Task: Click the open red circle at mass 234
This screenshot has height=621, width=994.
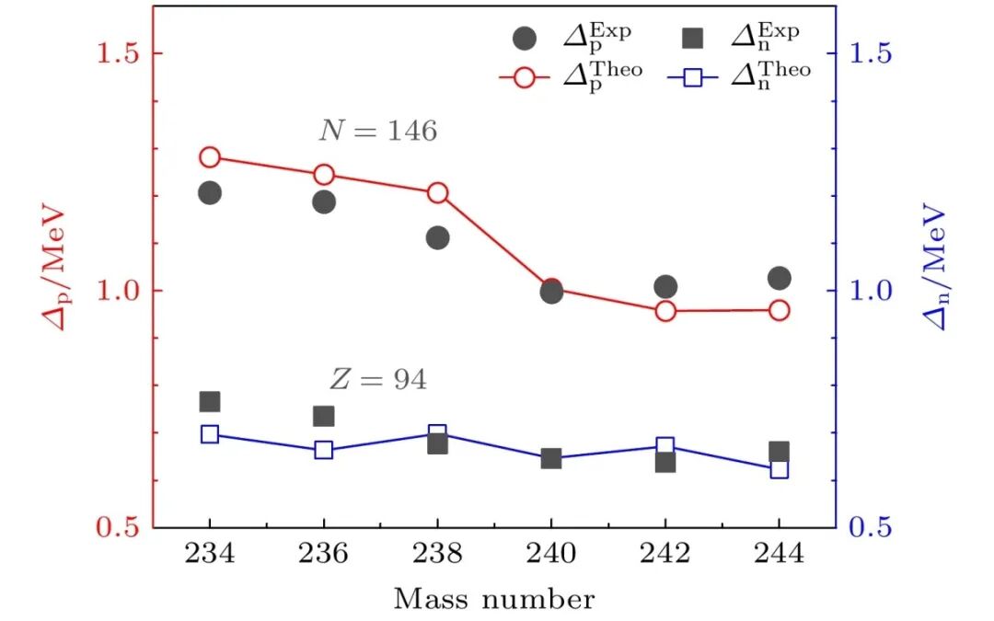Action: coord(210,156)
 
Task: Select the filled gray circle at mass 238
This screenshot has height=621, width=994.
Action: coord(437,237)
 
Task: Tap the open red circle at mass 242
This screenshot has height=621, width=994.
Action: coord(665,311)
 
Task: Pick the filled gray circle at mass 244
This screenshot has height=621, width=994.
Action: coord(780,278)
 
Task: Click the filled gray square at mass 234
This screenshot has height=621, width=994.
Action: coord(210,401)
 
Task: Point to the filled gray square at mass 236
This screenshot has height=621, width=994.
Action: coord(323,416)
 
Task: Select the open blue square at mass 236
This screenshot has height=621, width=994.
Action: coord(323,450)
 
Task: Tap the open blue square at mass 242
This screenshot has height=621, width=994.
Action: coord(665,446)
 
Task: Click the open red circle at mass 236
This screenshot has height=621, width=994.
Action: coord(323,175)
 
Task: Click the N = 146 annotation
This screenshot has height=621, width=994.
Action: coord(377,132)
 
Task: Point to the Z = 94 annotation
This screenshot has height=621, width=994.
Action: coord(377,379)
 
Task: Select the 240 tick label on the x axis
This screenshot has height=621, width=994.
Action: coord(551,555)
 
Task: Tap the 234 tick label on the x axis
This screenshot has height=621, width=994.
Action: coord(210,555)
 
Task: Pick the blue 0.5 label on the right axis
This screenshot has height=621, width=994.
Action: coord(871,528)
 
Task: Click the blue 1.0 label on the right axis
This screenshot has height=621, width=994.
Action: coord(871,291)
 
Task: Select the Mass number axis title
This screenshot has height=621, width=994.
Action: coord(494,600)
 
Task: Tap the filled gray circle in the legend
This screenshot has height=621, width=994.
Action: coord(525,39)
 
